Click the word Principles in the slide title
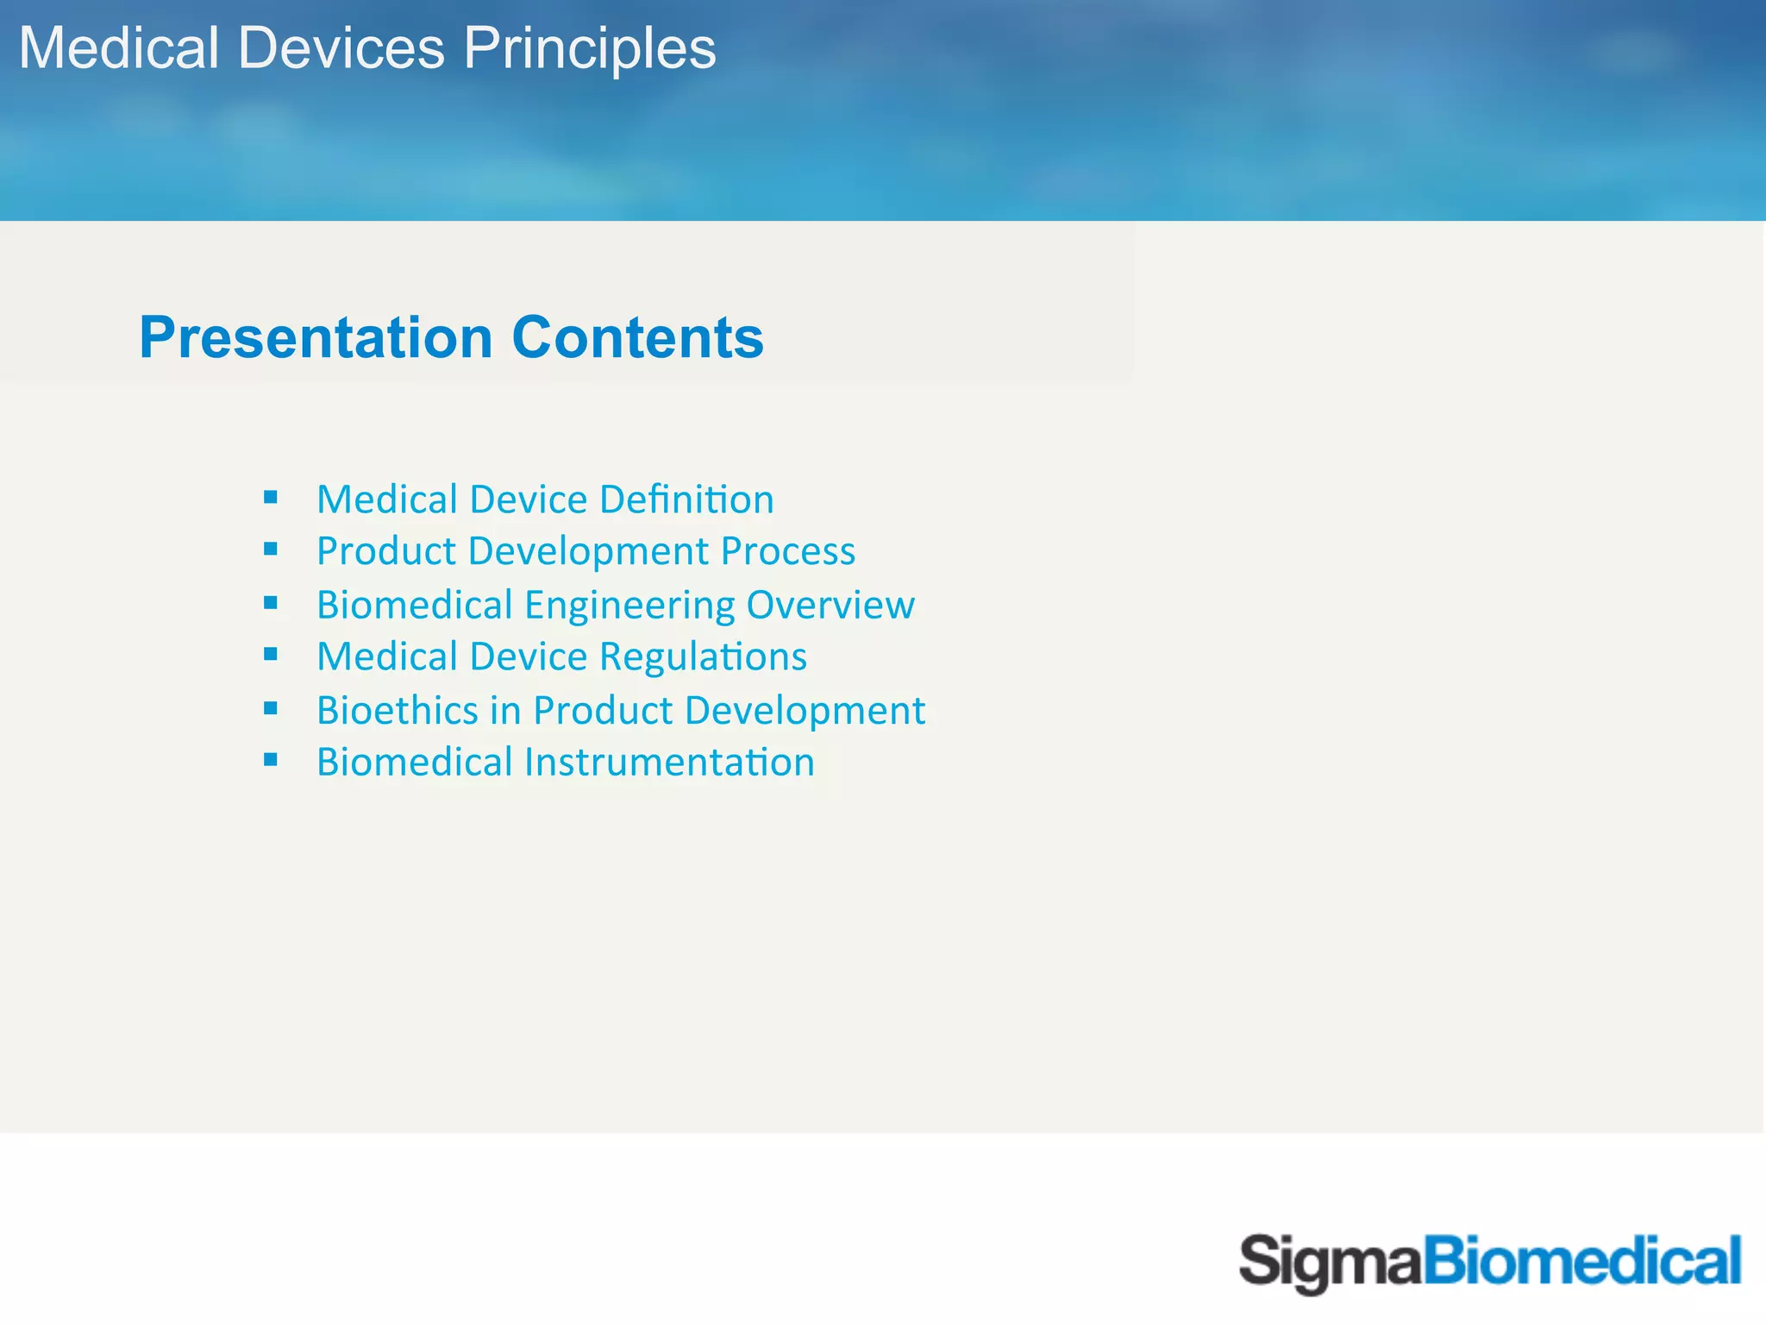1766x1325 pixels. (x=590, y=49)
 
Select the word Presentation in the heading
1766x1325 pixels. (x=316, y=337)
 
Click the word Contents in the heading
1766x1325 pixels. (x=637, y=337)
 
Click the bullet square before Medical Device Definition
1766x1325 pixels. (x=271, y=497)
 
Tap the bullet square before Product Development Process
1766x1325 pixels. (x=271, y=549)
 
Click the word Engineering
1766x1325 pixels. (x=629, y=606)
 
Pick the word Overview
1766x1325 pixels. (x=830, y=605)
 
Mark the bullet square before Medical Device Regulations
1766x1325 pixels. (x=271, y=655)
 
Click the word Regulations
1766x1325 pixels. (x=703, y=657)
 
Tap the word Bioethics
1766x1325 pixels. (x=397, y=711)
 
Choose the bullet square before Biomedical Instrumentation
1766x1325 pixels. (x=271, y=760)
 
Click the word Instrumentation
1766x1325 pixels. (x=668, y=763)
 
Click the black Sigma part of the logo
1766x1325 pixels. (x=1329, y=1262)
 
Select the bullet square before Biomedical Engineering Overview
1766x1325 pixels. (x=271, y=603)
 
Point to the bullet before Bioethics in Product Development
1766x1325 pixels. (x=271, y=708)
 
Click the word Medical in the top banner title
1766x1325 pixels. (x=119, y=47)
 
